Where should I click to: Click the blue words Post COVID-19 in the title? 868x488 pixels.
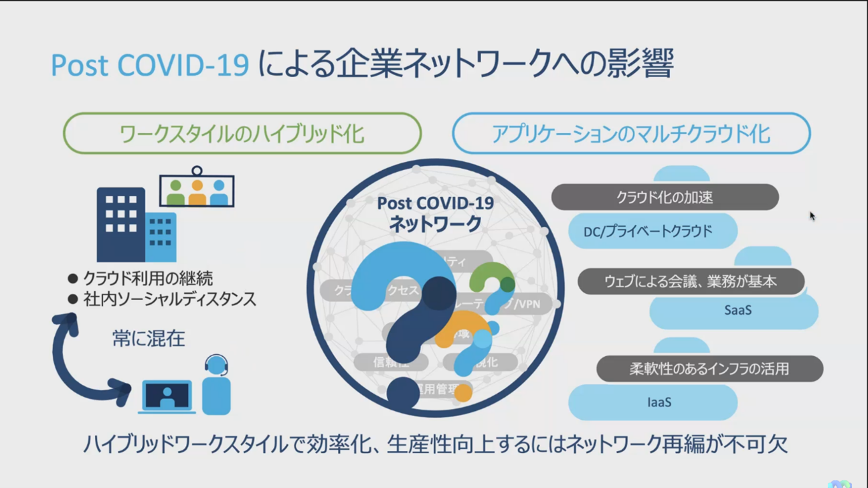coord(150,65)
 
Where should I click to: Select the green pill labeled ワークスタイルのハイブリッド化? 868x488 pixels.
coord(242,134)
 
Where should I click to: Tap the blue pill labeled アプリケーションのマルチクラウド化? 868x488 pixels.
coord(630,134)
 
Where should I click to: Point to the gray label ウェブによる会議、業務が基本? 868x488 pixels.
coord(690,282)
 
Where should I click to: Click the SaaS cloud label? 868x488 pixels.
coord(737,311)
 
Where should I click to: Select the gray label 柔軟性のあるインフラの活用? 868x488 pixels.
coord(709,369)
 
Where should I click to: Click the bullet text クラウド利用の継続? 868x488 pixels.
coord(148,278)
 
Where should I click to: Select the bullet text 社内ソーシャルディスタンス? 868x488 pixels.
coord(169,299)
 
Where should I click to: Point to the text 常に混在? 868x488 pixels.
coord(149,339)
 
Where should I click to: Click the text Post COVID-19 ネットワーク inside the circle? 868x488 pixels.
coord(435,214)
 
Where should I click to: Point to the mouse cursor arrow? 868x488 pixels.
coord(812,216)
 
